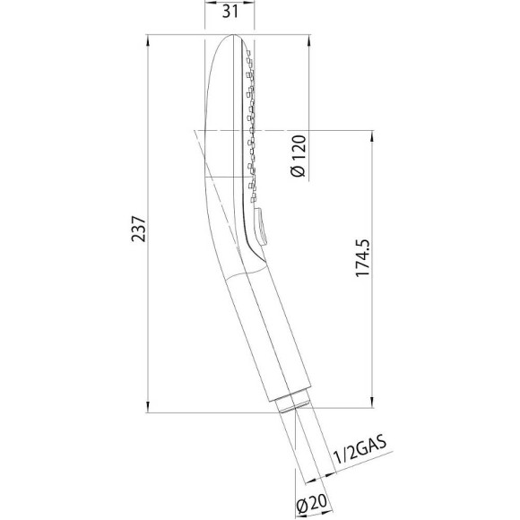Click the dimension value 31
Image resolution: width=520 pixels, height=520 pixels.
coord(230,12)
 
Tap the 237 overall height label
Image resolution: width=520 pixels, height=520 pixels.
coord(139,230)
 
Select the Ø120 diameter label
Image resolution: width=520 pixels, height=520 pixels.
coord(298,156)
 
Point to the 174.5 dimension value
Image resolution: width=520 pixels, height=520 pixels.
coord(362,257)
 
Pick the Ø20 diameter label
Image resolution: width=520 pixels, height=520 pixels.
coord(312,504)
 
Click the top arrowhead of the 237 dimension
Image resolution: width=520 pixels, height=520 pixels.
coord(148,40)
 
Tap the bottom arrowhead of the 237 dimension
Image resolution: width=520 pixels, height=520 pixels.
coord(148,406)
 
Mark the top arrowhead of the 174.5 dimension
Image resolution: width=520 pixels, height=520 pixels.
coord(372,136)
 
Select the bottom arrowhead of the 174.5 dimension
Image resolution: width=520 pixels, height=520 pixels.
coord(372,402)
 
